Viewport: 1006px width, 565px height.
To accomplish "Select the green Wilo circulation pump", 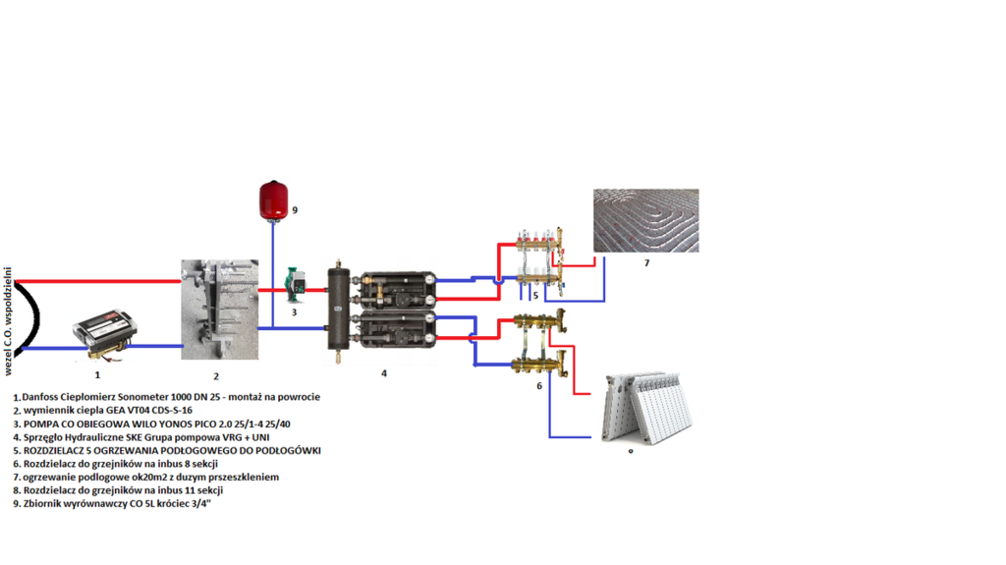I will [294, 286].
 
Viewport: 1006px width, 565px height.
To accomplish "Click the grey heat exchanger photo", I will [219, 310].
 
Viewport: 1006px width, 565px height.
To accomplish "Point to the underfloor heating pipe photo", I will [645, 220].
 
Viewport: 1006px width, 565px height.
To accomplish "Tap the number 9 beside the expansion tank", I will [294, 209].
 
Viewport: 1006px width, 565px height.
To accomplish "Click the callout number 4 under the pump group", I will [384, 373].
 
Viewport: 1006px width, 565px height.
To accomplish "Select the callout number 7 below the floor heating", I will [646, 263].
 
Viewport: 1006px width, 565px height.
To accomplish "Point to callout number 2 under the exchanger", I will [216, 375].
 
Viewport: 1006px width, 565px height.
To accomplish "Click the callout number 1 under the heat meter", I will [97, 374].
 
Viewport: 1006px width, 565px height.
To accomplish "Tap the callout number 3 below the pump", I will [294, 311].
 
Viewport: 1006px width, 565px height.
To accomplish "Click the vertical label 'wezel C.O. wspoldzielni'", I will [9, 319].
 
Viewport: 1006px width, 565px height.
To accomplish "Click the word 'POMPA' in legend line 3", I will [45, 424].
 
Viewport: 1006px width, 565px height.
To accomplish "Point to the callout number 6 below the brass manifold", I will [538, 386].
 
